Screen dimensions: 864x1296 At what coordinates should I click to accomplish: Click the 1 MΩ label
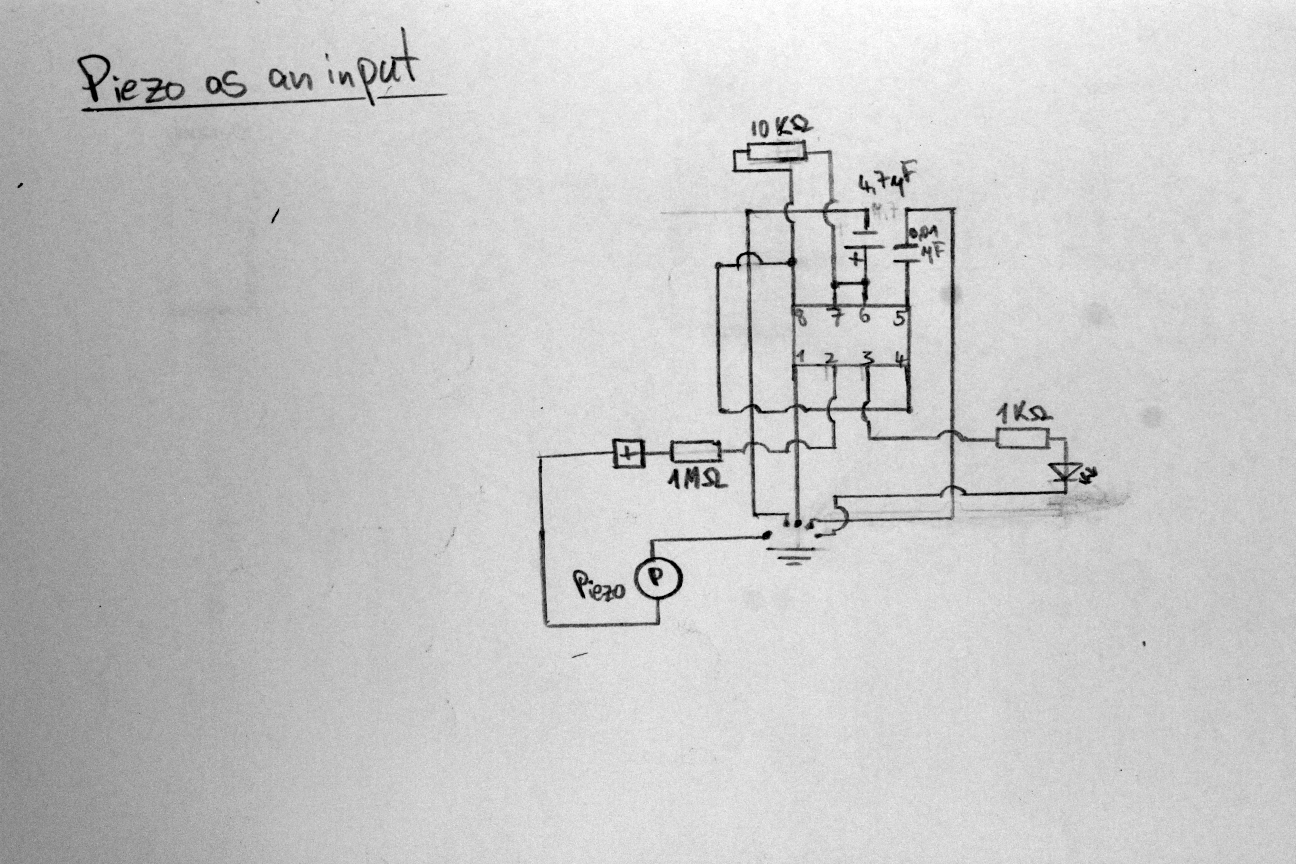(697, 480)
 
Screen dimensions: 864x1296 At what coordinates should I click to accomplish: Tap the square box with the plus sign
(629, 453)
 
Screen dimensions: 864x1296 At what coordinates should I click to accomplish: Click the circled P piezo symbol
(660, 577)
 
